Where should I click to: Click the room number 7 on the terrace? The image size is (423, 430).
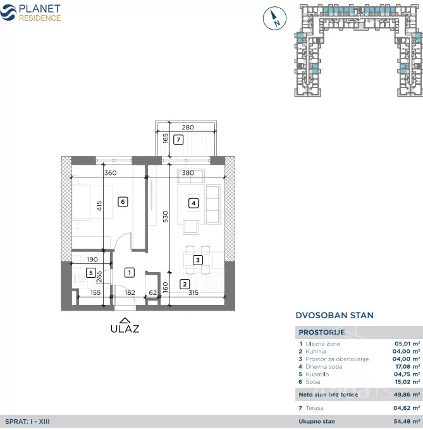click(x=178, y=140)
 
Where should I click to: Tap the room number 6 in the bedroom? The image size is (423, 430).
click(x=123, y=202)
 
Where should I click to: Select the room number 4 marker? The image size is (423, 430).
click(x=193, y=203)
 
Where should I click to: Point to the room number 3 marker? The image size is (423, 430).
click(x=198, y=260)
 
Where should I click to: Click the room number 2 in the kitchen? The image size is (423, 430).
click(x=185, y=284)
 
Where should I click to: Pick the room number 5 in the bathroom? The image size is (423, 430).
click(x=91, y=273)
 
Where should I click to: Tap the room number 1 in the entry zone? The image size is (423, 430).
click(x=130, y=273)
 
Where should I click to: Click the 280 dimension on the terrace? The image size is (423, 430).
click(x=188, y=128)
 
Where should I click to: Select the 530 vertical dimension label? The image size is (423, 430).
click(x=166, y=217)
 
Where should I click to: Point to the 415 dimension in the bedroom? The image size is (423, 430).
click(x=99, y=206)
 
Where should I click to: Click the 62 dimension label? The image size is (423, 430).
click(x=153, y=292)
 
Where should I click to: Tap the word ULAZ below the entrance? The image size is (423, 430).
click(x=125, y=329)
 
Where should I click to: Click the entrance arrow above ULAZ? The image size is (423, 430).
click(x=125, y=320)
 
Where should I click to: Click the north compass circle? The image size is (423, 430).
click(x=274, y=18)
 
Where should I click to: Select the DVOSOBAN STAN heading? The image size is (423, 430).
click(x=334, y=315)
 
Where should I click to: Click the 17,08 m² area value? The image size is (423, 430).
click(x=408, y=367)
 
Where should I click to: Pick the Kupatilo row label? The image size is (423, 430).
click(x=317, y=374)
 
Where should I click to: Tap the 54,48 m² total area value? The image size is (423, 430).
click(x=407, y=422)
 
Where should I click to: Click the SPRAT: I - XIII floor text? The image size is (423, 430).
click(x=27, y=422)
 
